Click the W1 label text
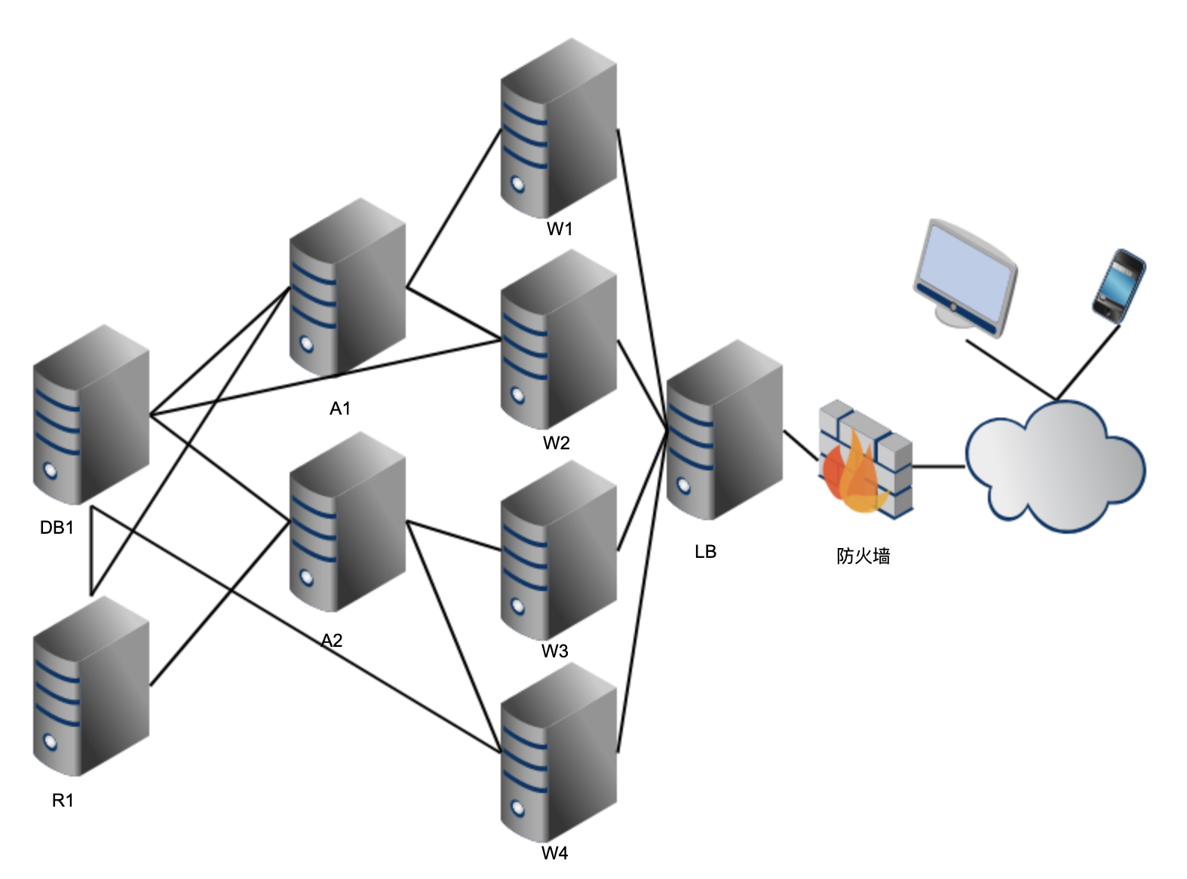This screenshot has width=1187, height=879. tap(560, 229)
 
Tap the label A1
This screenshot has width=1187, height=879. tap(340, 409)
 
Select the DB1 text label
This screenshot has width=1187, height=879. tap(57, 528)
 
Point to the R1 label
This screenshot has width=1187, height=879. tap(63, 801)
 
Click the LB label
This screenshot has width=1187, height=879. tap(705, 552)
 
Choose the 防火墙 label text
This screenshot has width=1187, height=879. tap(863, 556)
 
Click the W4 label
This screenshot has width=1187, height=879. tap(554, 853)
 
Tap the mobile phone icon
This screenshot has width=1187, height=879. tap(1118, 286)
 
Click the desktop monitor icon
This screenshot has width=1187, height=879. tap(965, 278)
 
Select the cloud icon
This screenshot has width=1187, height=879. tap(1055, 467)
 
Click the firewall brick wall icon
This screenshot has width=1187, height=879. tap(866, 458)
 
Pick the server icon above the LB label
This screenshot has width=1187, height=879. tap(725, 430)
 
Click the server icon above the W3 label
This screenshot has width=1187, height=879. tap(558, 550)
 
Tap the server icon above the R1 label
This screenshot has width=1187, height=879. tap(91, 687)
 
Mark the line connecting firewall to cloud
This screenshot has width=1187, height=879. tap(939, 467)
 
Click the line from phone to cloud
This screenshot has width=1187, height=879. tap(1087, 362)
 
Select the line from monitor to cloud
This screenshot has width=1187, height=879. tap(1011, 369)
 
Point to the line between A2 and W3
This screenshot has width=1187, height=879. tap(454, 535)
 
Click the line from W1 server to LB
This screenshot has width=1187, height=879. tap(643, 279)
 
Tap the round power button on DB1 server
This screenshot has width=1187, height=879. tap(50, 470)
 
